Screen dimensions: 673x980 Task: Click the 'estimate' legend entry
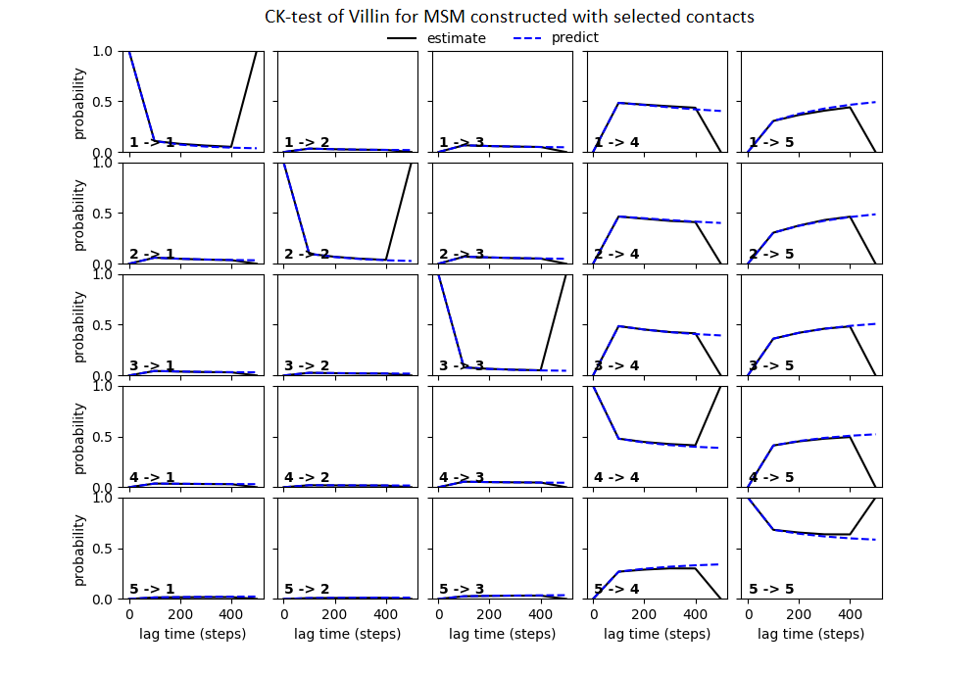pyautogui.click(x=452, y=38)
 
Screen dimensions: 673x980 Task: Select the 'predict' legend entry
pyautogui.click(x=575, y=38)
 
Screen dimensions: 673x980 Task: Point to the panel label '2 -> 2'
pyautogui.click(x=306, y=255)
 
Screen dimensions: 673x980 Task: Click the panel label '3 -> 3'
pyautogui.click(x=461, y=366)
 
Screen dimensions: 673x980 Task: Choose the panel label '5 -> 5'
pyautogui.click(x=770, y=590)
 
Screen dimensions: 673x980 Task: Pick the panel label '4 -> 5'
pyautogui.click(x=770, y=478)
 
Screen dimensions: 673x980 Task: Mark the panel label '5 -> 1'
pyautogui.click(x=152, y=590)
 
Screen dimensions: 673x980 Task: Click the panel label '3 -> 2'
pyautogui.click(x=306, y=366)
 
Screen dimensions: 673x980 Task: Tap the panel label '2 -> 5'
pyautogui.click(x=770, y=255)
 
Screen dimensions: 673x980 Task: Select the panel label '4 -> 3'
pyautogui.click(x=461, y=478)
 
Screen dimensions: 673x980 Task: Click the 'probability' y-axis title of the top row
pyautogui.click(x=80, y=102)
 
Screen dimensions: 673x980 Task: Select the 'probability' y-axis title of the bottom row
pyautogui.click(x=80, y=549)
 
